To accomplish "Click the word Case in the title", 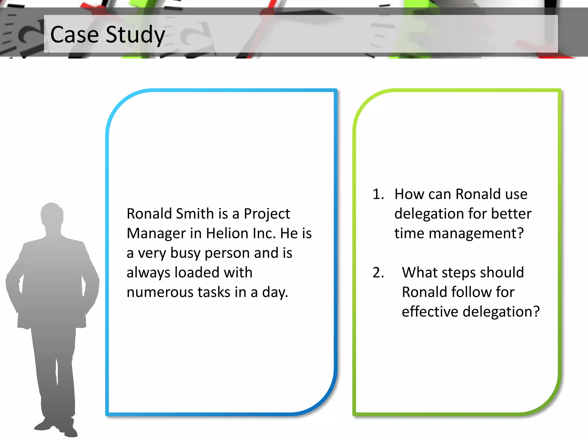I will tap(74, 34).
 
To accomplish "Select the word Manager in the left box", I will tap(156, 233).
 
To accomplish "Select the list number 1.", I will tap(378, 194).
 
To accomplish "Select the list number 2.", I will tap(378, 273).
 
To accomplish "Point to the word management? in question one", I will tap(476, 233).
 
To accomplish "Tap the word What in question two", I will tap(419, 273).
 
